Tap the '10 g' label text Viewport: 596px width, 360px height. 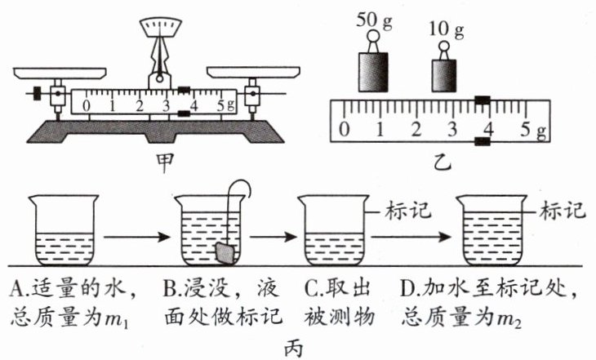coord(447,29)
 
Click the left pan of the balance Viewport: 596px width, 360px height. coord(60,73)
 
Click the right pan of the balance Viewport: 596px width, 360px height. coord(253,72)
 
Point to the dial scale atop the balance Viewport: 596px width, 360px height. coord(160,27)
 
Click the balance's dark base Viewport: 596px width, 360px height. coord(155,131)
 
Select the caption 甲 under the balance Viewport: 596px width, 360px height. coord(165,162)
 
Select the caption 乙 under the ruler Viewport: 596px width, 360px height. coord(443,162)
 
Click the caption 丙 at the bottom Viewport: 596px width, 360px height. coord(294,348)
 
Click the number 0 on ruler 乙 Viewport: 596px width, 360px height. coord(344,130)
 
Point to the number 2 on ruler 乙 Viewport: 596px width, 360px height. coord(416,130)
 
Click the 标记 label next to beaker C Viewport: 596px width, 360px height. coord(408,211)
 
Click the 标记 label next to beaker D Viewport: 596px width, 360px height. coord(563,211)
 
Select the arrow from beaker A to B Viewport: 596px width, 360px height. coord(137,238)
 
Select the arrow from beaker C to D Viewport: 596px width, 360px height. coord(411,238)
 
